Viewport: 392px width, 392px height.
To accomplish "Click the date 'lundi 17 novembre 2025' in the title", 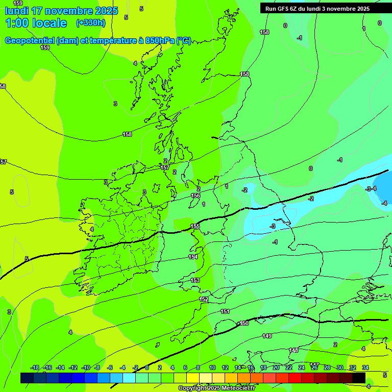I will pos(61,11).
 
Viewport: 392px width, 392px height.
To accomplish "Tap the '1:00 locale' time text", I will pos(36,23).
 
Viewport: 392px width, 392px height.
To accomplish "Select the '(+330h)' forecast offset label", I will pos(90,23).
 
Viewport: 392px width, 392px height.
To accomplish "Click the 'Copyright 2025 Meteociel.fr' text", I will pos(216,388).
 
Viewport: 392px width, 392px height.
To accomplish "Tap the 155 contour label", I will pos(194,226).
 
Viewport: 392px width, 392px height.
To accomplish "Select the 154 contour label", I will pos(193,257).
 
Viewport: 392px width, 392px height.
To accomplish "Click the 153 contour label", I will pos(195,280).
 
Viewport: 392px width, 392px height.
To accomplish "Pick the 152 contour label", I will pos(204,299).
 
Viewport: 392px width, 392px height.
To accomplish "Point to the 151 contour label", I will pos(225,311).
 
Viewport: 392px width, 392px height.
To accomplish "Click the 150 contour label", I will pos(244,323).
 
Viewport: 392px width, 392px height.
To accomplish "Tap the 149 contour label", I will pos(267,336).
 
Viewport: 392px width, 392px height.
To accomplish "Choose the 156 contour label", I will pos(195,195).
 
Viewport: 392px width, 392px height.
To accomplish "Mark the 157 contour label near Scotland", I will pos(165,167).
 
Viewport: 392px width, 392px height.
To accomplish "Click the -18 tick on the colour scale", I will pos(35,367).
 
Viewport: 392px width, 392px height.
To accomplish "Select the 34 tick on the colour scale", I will pos(365,367).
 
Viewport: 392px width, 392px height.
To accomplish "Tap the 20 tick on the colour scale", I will pos(276,367).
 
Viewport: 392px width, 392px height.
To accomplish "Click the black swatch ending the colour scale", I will pos(359,378).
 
